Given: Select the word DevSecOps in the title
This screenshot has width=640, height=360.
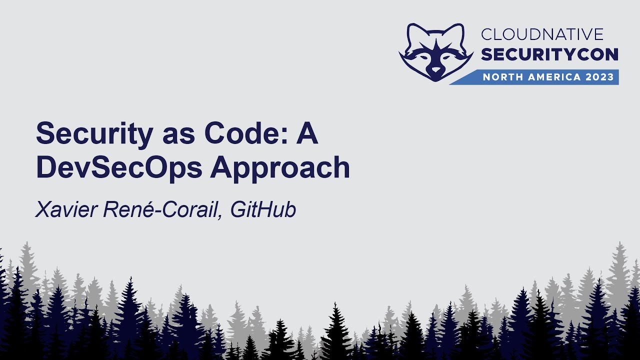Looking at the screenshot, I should coord(119,168).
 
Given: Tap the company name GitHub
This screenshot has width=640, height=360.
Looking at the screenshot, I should coord(263,210).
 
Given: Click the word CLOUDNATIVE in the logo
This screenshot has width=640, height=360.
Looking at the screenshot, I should coord(542,34).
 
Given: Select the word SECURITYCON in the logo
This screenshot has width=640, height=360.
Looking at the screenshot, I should coord(549,54).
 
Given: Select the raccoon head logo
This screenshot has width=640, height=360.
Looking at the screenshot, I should coord(436,52).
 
